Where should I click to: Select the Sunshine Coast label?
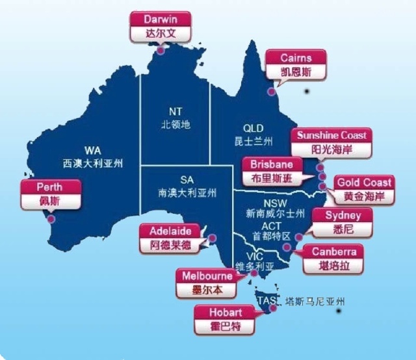[332, 142]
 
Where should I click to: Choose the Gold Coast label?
[363, 189]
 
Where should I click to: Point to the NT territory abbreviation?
[175, 111]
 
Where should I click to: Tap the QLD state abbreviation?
[253, 128]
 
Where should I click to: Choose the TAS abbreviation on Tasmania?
[266, 301]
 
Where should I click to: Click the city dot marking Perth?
[51, 219]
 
